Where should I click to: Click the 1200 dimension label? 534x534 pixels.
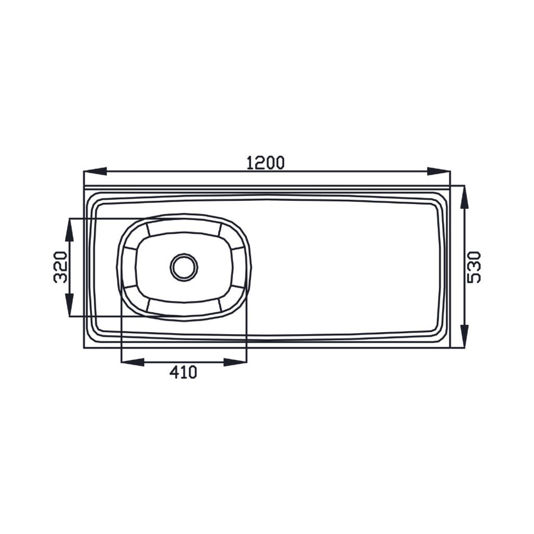click(265, 163)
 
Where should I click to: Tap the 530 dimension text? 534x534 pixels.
click(474, 267)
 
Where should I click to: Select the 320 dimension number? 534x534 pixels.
click(60, 267)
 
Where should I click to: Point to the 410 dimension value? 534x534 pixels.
click(184, 372)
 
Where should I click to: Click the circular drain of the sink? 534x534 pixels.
click(184, 268)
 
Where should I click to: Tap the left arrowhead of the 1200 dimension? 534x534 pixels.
click(95, 172)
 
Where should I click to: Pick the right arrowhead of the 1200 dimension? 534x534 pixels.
click(439, 172)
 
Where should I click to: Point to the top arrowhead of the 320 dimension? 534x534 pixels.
click(69, 230)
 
